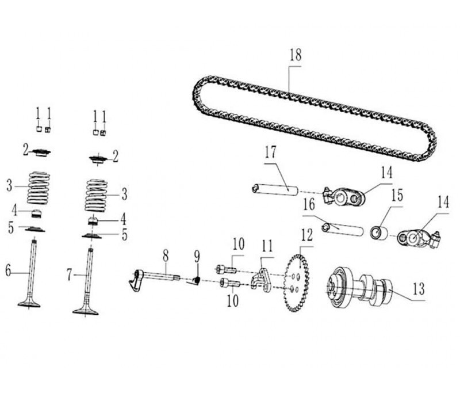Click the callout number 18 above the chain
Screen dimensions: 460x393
[296, 55]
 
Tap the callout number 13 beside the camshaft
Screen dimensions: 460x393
[419, 288]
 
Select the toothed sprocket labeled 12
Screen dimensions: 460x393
[297, 283]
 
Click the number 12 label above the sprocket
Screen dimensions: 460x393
[307, 236]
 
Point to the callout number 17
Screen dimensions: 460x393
[270, 152]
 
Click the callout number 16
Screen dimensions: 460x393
[309, 204]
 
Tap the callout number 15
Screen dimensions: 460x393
[397, 196]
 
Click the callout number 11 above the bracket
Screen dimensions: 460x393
[267, 246]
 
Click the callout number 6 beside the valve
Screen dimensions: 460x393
[8, 271]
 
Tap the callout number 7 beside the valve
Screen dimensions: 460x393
[69, 275]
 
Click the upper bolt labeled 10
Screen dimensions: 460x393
[227, 269]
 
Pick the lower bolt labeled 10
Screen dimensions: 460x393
[231, 283]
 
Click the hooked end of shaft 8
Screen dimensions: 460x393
[136, 281]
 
